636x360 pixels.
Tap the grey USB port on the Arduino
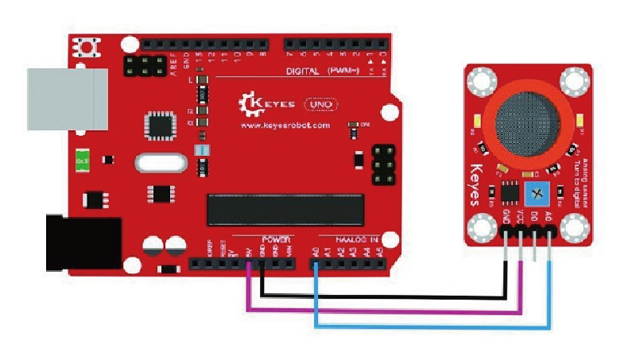(67, 98)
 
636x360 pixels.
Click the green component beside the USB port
(82, 160)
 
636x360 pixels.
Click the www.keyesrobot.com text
(284, 125)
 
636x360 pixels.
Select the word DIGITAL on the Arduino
(302, 71)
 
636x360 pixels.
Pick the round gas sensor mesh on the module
(527, 122)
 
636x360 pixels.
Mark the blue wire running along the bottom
(429, 326)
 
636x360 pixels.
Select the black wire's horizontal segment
(382, 297)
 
